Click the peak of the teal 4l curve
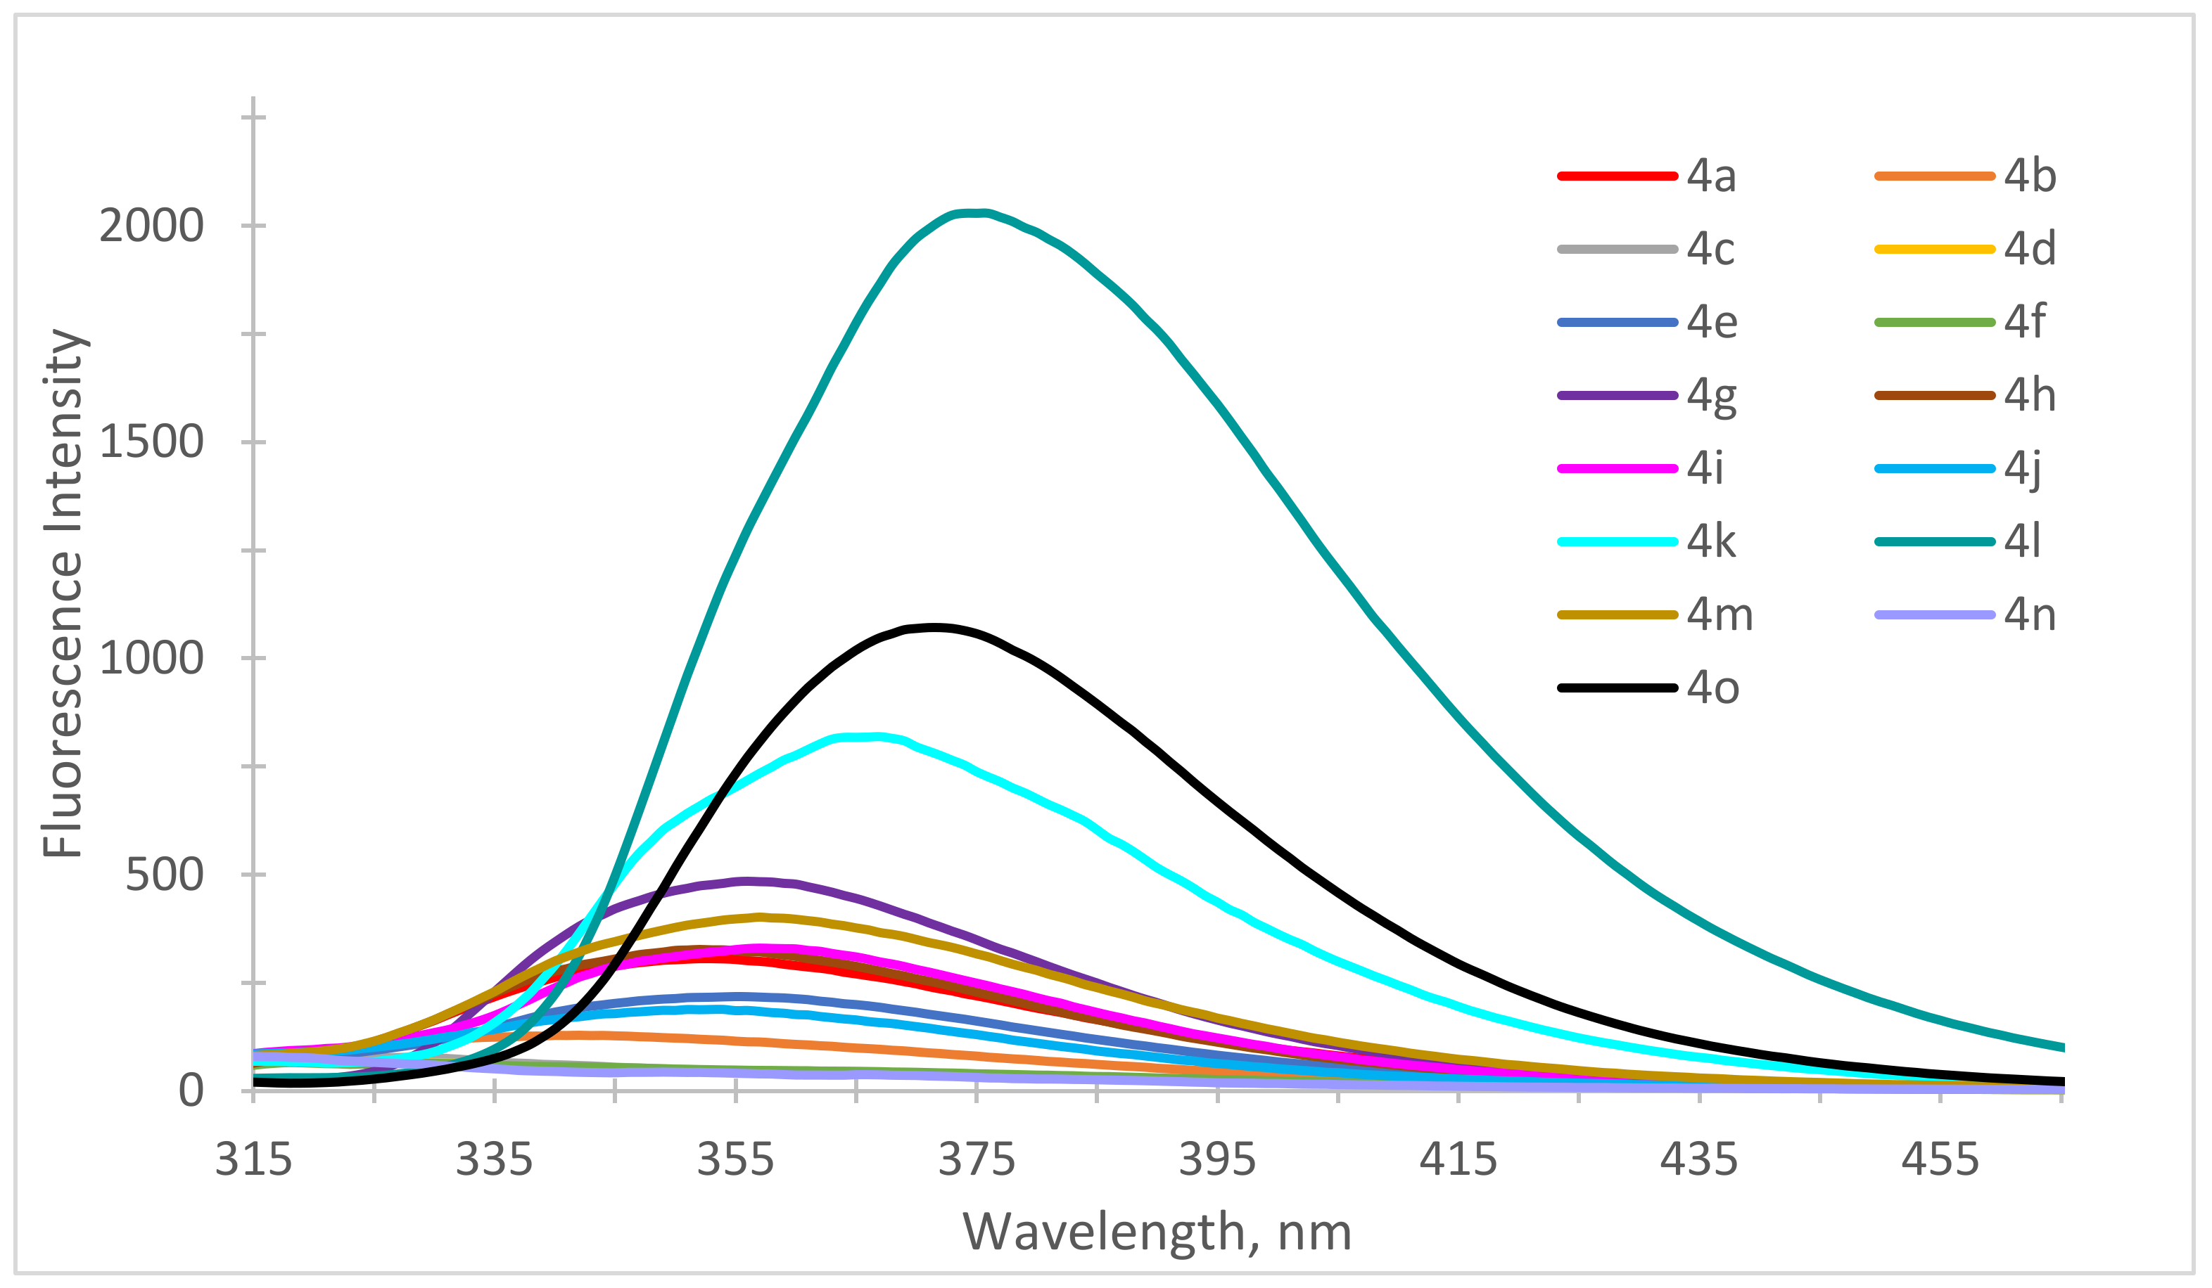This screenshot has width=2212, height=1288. [x=972, y=212]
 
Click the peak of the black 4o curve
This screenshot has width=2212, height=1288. [x=936, y=627]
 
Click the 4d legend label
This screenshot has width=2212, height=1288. [x=2028, y=249]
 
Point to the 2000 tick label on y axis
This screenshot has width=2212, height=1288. [x=151, y=226]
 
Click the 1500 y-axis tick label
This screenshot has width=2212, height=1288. [x=151, y=442]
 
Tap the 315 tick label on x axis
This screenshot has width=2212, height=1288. [x=254, y=1160]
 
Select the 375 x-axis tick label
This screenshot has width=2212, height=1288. [x=976, y=1160]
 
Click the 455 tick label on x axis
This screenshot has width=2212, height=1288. [x=1940, y=1160]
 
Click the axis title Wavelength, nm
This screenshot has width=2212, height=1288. [x=1157, y=1232]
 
